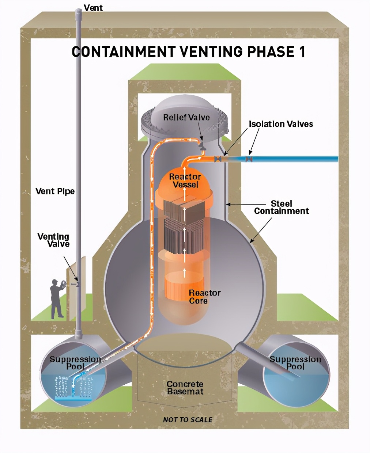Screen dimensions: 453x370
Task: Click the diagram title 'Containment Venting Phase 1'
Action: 188,52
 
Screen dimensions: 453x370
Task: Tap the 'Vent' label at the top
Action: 93,8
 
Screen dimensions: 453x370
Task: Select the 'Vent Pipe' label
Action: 55,191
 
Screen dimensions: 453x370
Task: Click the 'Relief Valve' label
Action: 186,117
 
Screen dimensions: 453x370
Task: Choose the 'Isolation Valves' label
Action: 281,124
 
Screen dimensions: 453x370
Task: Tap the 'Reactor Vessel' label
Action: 185,180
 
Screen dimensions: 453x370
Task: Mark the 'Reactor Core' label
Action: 204,297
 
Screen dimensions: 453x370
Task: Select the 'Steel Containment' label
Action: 281,207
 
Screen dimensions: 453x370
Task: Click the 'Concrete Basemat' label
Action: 185,388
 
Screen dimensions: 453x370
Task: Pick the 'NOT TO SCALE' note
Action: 188,420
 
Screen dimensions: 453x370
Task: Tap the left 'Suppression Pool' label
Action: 75,362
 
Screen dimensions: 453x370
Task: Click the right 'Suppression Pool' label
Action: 295,362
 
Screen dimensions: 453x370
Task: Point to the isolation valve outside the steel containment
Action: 249,159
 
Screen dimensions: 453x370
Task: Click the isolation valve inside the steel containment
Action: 218,159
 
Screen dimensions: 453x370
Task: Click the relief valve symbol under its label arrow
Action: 201,146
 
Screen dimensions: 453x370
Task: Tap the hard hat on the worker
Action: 55,281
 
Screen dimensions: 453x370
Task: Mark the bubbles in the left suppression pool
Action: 73,387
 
